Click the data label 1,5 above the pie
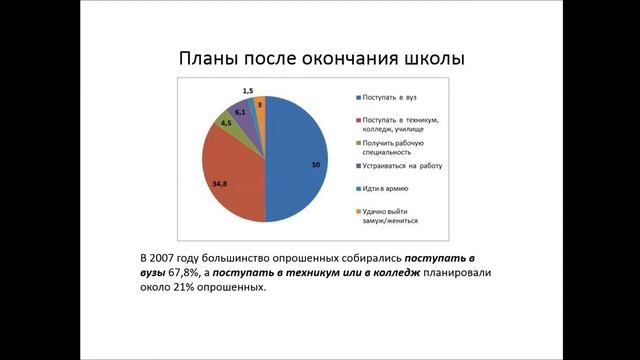point(247,91)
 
